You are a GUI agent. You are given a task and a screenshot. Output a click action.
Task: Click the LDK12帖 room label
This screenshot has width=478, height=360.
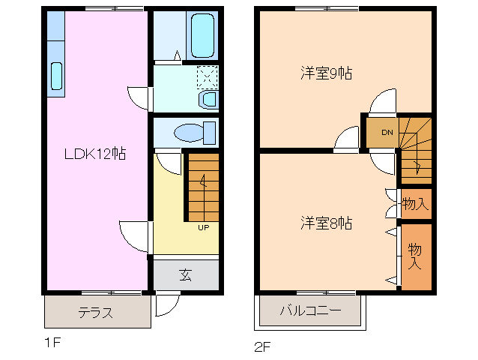(94, 154)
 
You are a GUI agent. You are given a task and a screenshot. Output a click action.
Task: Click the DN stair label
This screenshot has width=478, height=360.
(387, 133)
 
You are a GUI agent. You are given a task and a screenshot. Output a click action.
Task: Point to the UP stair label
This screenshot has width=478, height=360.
(203, 227)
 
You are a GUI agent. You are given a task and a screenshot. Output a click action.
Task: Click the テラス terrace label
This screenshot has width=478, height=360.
(96, 313)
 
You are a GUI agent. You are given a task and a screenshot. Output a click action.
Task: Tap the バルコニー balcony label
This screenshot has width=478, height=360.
(310, 310)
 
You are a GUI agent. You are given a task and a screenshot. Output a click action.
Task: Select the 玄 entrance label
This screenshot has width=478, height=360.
(185, 274)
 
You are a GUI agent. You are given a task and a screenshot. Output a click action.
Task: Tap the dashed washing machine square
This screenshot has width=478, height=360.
(207, 76)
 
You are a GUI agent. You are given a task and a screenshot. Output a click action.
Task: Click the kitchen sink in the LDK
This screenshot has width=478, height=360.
(57, 77)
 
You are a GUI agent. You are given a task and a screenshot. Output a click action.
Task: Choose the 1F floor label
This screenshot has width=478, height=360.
(51, 343)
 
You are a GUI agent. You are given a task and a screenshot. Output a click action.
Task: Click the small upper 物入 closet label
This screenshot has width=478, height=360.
(415, 202)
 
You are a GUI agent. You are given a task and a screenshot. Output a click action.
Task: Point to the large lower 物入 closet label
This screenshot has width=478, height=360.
(414, 256)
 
